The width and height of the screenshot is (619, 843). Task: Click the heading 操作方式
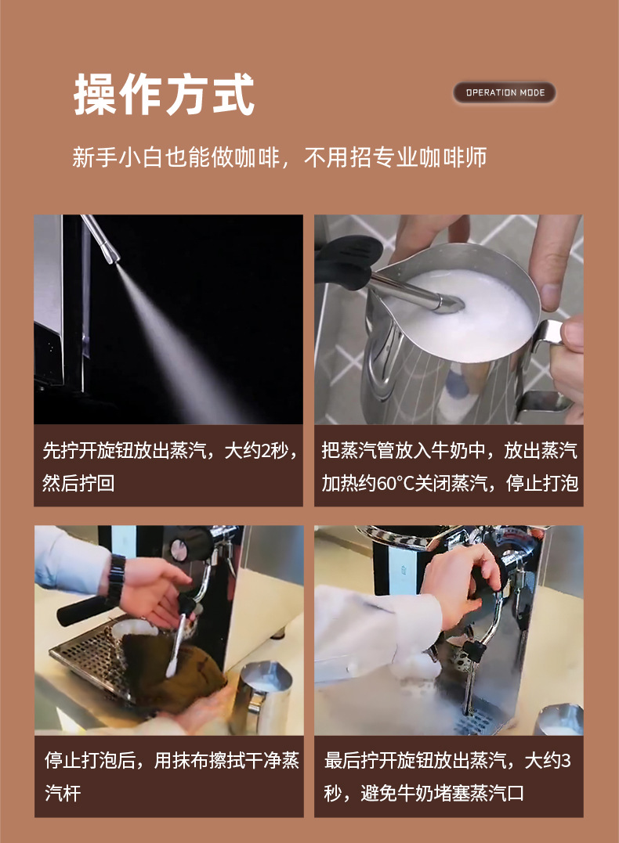[x=165, y=95]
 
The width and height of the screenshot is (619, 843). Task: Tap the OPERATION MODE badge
[x=505, y=92]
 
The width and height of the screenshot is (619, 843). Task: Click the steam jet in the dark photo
[x=172, y=344]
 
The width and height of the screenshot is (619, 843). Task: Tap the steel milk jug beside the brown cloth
[x=262, y=697]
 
